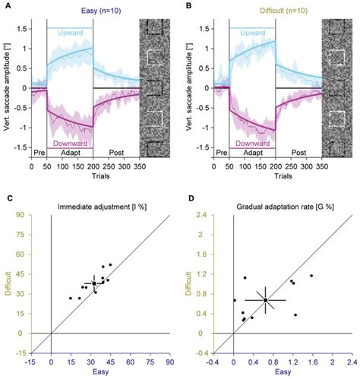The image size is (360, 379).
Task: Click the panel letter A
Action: pyautogui.click(x=5, y=5)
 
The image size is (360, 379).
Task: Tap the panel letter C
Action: pyautogui.click(x=5, y=198)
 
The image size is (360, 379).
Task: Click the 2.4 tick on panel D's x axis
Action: pyautogui.click(x=352, y=362)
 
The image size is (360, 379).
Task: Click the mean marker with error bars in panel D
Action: pyautogui.click(x=265, y=300)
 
